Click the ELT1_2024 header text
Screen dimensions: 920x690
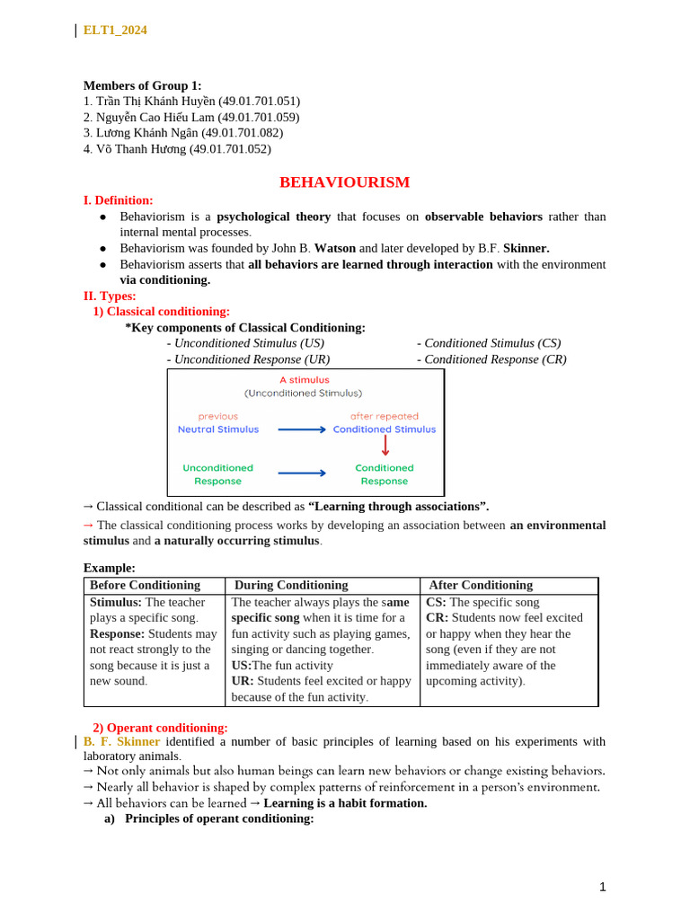(x=115, y=31)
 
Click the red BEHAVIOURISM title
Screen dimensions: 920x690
(x=344, y=182)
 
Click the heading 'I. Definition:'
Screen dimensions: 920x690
(x=118, y=200)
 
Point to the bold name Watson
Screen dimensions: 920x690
(x=334, y=248)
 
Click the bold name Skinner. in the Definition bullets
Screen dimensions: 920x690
(x=526, y=248)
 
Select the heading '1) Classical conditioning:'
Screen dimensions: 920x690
(x=162, y=312)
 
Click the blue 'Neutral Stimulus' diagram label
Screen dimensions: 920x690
(x=218, y=429)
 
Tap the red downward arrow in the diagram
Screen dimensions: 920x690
(x=385, y=445)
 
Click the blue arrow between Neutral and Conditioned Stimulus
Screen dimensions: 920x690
(x=302, y=429)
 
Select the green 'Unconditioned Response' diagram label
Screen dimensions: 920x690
(x=218, y=474)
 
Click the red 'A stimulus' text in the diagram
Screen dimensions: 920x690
(x=304, y=380)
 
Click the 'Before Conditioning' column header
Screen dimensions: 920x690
(x=145, y=585)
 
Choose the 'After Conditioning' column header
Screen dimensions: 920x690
(x=481, y=585)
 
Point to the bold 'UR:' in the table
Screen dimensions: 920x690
(x=243, y=681)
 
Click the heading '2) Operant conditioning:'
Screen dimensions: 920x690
(x=160, y=728)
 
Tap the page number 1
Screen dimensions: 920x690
(x=603, y=887)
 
